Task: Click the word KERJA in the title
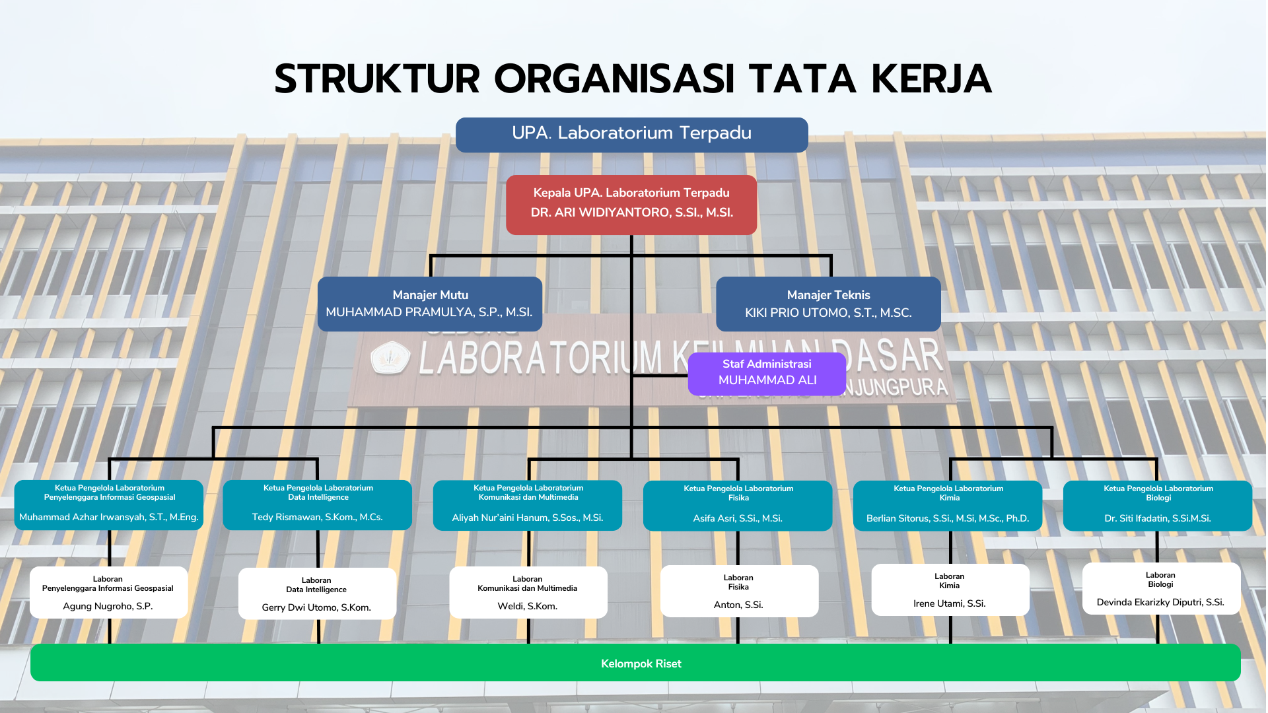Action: click(931, 79)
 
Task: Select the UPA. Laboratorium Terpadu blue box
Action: click(631, 135)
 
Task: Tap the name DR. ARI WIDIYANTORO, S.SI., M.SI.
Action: click(631, 213)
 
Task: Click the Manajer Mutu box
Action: click(429, 304)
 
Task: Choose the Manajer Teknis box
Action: click(828, 304)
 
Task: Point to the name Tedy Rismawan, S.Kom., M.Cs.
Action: click(317, 517)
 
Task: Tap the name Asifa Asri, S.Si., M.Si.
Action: click(738, 518)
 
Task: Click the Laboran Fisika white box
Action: click(739, 591)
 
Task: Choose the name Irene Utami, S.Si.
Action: click(949, 603)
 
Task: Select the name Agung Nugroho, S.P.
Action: click(108, 606)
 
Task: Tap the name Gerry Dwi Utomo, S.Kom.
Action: click(316, 607)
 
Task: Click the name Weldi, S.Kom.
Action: click(527, 606)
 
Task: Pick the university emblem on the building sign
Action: click(390, 357)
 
